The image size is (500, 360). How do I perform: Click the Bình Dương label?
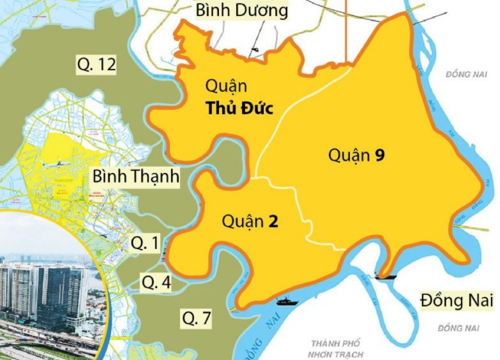pos(241,10)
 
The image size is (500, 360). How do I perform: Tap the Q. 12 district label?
pos(96,64)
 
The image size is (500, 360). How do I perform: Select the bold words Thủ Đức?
pos(240,108)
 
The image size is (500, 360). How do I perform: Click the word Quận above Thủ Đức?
pos(226,86)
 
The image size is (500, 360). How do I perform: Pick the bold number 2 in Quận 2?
pos(273,221)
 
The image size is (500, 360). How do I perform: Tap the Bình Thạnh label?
pos(135,177)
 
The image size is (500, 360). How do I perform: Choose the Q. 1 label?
pos(145,243)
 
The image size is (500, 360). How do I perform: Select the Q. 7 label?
pos(196,317)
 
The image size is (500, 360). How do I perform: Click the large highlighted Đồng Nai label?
pos(456,301)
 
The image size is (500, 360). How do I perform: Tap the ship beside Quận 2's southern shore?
pos(287,301)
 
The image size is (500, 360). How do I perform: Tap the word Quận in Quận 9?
pos(346,155)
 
